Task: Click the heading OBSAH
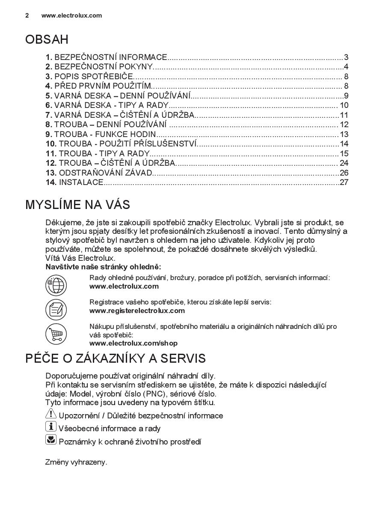[x=47, y=40]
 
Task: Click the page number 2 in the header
[x=27, y=15]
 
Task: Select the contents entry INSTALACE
[x=81, y=182]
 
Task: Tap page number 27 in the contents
[x=344, y=182]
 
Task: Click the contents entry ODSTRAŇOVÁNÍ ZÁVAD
[x=105, y=173]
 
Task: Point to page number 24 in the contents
[x=344, y=163]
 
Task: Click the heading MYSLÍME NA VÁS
[x=77, y=205]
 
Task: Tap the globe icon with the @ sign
[x=56, y=285]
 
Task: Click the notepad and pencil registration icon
[x=56, y=309]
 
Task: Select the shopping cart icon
[x=56, y=334]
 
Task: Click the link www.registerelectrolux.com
[x=137, y=310]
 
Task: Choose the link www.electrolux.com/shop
[x=133, y=343]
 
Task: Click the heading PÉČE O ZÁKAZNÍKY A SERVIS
[x=116, y=358]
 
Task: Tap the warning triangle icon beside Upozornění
[x=50, y=414]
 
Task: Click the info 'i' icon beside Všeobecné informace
[x=50, y=427]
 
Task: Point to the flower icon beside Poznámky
[x=50, y=440]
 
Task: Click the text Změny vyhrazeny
[x=76, y=462]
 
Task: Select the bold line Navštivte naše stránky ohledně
[x=103, y=267]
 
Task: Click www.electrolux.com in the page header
[x=71, y=15]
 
